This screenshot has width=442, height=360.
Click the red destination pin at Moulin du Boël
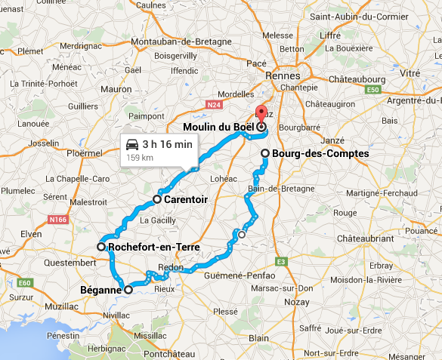click(x=261, y=115)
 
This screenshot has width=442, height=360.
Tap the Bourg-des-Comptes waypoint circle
click(x=265, y=153)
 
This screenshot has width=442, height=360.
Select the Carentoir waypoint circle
click(x=157, y=199)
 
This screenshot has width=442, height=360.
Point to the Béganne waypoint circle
click(x=128, y=289)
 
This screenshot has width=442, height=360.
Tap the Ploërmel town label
click(x=84, y=153)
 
